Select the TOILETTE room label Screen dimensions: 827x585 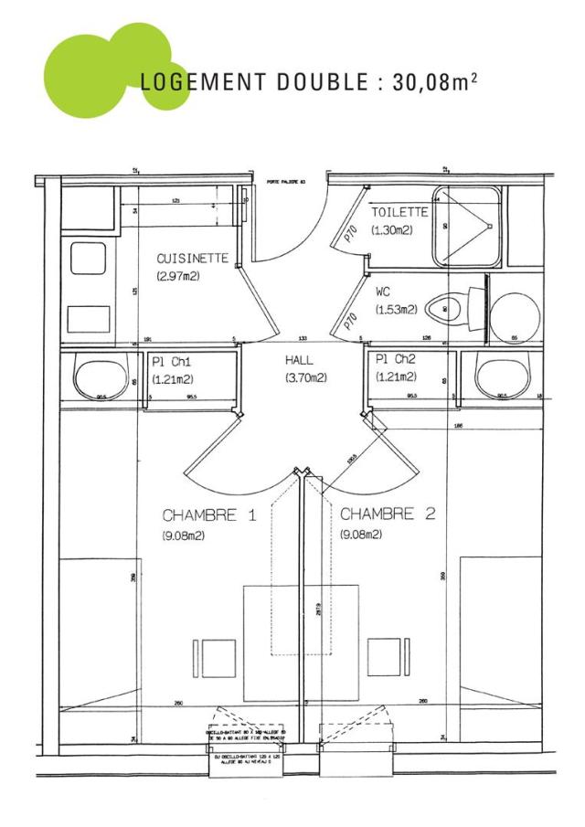[399, 212]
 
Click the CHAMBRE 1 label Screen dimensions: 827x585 [209, 515]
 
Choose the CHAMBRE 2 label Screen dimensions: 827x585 [388, 515]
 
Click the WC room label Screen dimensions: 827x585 [383, 293]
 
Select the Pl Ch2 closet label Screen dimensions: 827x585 [395, 361]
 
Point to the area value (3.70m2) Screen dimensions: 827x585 [305, 377]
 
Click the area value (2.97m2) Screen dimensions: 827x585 [178, 276]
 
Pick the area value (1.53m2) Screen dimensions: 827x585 [394, 311]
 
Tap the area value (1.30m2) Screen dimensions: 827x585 [391, 229]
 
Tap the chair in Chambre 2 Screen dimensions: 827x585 [385, 656]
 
